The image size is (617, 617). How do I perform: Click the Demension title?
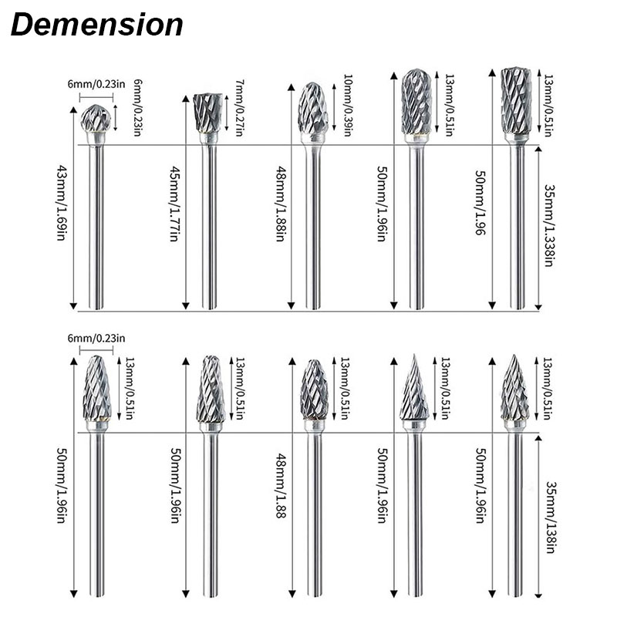point(97,25)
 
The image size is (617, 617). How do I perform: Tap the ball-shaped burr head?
point(96,118)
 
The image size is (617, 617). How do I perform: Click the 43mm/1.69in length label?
point(62,203)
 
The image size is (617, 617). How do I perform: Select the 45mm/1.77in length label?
point(175,204)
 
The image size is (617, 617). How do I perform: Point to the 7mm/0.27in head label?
point(238,107)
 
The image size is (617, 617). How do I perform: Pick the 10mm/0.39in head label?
point(347,105)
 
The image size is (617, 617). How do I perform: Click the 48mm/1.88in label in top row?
point(281,204)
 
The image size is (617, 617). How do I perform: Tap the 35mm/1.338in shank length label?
point(548,225)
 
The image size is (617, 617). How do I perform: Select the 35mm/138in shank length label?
point(550,517)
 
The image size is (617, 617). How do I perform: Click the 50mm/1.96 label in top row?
point(480,202)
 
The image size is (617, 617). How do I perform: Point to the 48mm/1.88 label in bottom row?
point(281,485)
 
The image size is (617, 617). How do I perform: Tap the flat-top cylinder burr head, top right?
point(516,101)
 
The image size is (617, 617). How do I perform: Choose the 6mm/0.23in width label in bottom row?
point(96,338)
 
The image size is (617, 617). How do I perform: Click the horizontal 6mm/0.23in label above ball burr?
point(96,84)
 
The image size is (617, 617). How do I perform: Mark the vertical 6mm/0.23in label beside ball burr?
point(138,107)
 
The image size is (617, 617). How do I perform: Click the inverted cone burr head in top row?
point(207,113)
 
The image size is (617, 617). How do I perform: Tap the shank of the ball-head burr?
point(96,227)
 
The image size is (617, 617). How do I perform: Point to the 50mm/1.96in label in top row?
point(383,204)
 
